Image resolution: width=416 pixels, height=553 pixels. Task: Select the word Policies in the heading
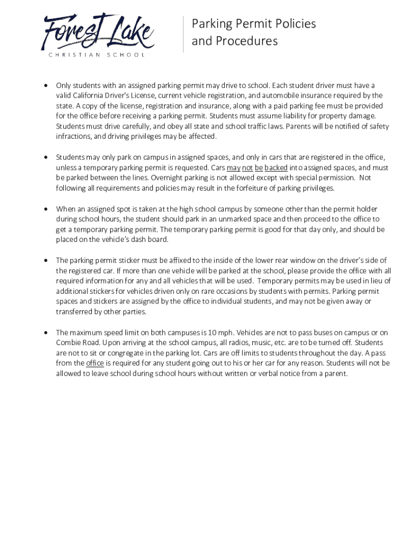293,24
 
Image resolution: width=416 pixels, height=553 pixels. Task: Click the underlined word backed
276,167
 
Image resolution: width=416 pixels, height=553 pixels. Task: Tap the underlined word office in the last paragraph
95,363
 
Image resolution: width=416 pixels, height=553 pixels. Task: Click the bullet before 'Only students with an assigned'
47,85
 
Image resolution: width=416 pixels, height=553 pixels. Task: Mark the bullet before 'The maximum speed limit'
47,333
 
